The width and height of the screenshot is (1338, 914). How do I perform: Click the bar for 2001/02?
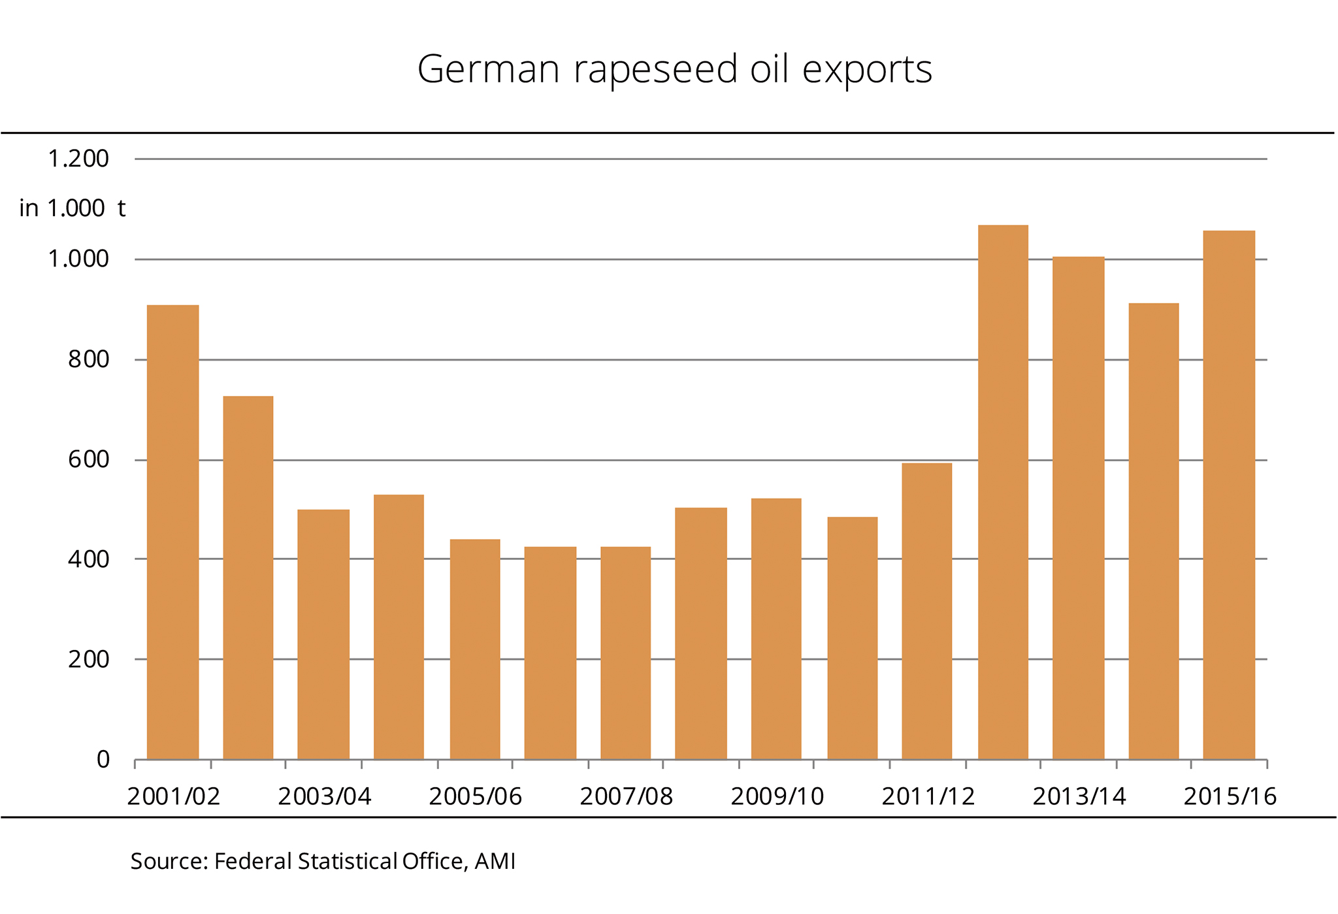(172, 532)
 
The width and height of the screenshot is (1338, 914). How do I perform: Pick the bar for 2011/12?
(926, 611)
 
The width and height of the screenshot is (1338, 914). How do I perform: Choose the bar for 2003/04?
(323, 634)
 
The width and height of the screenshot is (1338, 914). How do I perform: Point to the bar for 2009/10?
(776, 628)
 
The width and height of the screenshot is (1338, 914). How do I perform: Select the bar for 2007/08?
(625, 653)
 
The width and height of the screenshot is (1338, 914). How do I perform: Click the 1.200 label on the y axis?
(78, 159)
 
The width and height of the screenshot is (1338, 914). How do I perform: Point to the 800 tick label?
(88, 359)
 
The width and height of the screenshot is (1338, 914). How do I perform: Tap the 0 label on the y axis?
(103, 760)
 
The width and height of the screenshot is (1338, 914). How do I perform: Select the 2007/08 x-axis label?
(626, 796)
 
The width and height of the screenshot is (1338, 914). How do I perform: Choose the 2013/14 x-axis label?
(1079, 796)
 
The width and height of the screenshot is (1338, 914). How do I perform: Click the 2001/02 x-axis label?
(174, 796)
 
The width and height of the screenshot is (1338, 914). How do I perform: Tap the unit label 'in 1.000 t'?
(72, 208)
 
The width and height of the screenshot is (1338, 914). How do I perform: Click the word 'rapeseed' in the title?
(655, 70)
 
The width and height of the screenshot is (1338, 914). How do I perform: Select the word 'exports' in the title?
(867, 70)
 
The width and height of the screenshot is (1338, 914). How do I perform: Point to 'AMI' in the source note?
(495, 861)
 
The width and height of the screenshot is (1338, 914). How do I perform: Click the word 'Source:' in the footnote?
(169, 861)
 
